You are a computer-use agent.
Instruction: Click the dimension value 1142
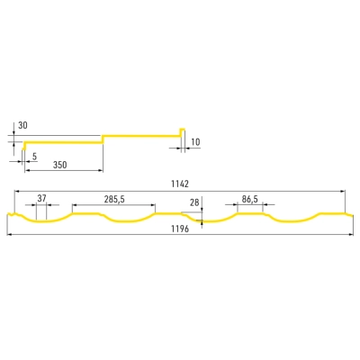[180, 184]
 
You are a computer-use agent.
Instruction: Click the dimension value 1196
[180, 229]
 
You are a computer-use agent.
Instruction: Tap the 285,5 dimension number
[114, 200]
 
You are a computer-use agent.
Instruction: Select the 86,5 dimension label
[250, 200]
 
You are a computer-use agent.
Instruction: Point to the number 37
[41, 198]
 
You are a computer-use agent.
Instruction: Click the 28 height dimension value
[194, 202]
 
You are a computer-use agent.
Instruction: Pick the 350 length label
[60, 165]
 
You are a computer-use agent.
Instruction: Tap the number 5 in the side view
[34, 157]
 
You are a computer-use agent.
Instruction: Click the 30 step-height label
[22, 125]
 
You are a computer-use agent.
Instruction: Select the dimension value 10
[195, 142]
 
